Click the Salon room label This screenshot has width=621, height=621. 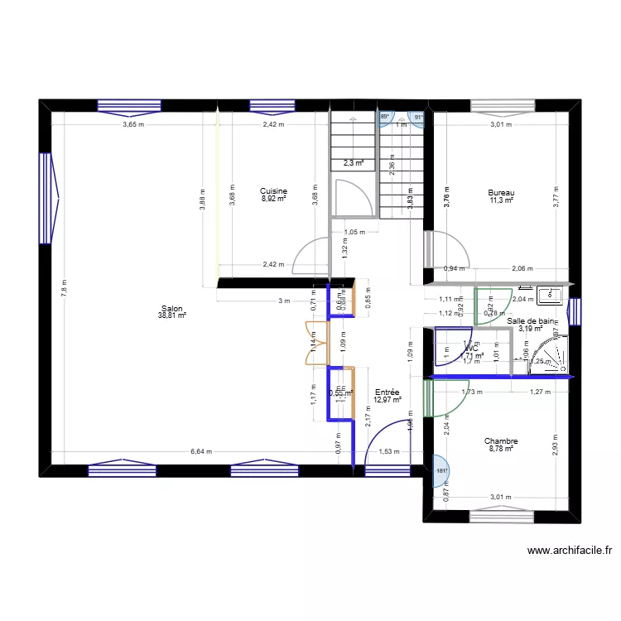click(x=173, y=308)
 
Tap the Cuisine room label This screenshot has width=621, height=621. click(x=273, y=190)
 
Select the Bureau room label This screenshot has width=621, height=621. click(x=501, y=192)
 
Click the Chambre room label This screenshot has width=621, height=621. click(x=501, y=441)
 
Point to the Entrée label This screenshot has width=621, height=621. click(x=388, y=392)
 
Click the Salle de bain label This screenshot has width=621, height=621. click(x=532, y=320)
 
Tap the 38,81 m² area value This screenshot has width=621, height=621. click(x=173, y=315)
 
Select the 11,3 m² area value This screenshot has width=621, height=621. click(x=501, y=200)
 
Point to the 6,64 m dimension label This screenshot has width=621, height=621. click(x=200, y=451)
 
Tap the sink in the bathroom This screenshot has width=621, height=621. click(x=550, y=294)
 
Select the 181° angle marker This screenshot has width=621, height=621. click(x=441, y=471)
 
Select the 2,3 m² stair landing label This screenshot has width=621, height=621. click(x=354, y=163)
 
